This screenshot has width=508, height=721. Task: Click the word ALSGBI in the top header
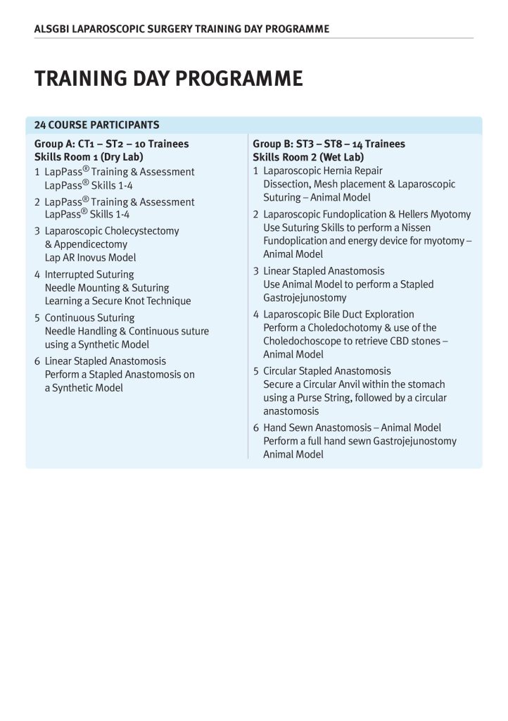pyautogui.click(x=51, y=30)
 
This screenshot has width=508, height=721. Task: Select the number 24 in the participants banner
pyautogui.click(x=40, y=125)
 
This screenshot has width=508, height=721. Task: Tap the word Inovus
pyautogui.click(x=99, y=258)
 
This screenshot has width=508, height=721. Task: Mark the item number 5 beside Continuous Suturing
pyautogui.click(x=37, y=318)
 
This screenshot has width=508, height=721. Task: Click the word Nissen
pyautogui.click(x=417, y=228)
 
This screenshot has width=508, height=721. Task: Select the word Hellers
pyautogui.click(x=407, y=215)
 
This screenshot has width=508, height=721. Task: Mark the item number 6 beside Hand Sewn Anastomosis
pyautogui.click(x=256, y=428)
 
